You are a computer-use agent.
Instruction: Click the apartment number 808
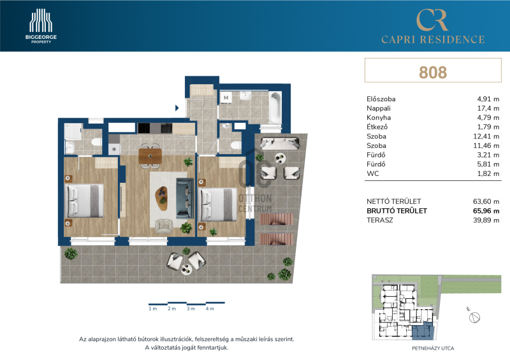(433, 72)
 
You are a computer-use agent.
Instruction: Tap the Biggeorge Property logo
(41, 26)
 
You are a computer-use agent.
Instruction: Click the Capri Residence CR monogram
(432, 20)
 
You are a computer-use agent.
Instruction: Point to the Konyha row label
(379, 117)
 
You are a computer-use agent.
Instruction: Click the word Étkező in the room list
(377, 127)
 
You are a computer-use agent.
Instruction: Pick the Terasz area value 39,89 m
(486, 220)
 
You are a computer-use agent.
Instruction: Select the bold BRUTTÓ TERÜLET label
(397, 211)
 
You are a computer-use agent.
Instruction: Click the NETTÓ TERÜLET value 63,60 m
(486, 201)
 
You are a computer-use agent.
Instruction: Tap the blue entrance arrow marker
(177, 108)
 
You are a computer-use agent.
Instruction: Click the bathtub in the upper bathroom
(275, 106)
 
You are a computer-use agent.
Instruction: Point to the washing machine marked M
(226, 97)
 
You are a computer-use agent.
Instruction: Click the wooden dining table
(150, 155)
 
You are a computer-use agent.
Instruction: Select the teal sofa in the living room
(185, 198)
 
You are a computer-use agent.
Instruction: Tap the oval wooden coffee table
(161, 198)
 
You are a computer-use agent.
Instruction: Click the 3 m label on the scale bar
(191, 308)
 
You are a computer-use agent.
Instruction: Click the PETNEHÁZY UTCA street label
(433, 349)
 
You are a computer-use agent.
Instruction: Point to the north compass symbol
(475, 317)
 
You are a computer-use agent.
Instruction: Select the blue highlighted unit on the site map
(423, 331)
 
